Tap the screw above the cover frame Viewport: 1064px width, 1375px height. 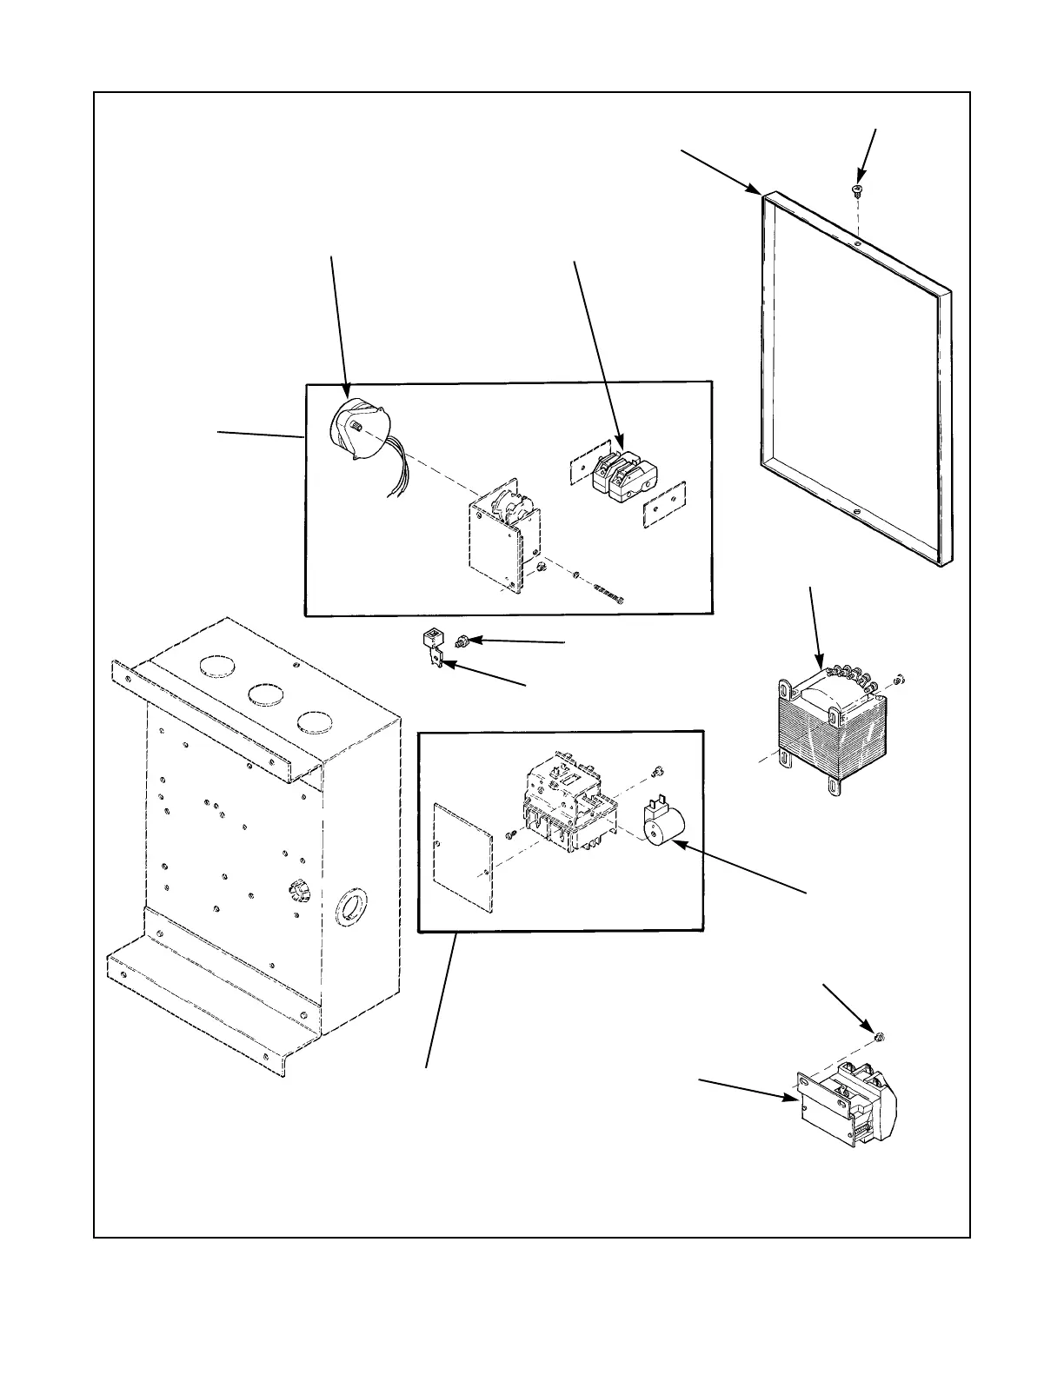(x=856, y=190)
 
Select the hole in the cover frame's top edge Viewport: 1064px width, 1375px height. (x=857, y=245)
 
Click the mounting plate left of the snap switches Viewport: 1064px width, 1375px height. (x=581, y=469)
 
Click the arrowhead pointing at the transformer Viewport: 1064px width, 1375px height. (x=821, y=664)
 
